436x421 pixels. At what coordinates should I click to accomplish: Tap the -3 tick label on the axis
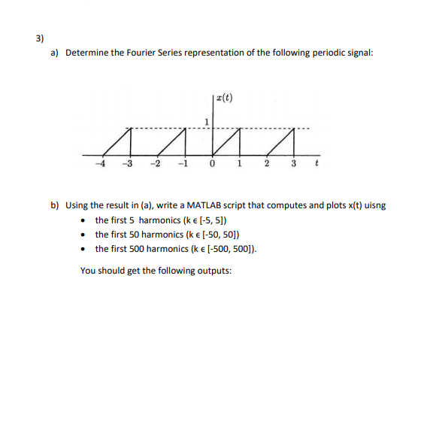[x=128, y=165]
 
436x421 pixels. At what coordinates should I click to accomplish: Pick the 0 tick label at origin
[x=213, y=165]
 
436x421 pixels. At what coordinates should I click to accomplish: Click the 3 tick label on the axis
[x=295, y=165]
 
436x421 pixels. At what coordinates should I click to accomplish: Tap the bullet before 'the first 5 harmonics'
[x=84, y=220]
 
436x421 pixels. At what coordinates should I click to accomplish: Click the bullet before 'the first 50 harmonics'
[x=84, y=235]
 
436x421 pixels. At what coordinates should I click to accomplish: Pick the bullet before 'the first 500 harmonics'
[x=84, y=250]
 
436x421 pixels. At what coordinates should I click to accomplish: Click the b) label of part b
[x=55, y=205]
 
